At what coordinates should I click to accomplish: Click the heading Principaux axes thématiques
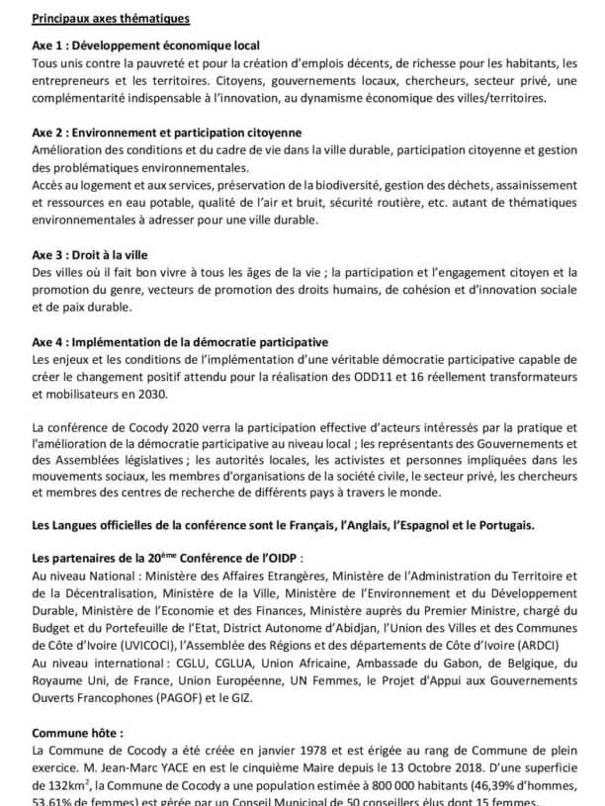pos(111,18)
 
